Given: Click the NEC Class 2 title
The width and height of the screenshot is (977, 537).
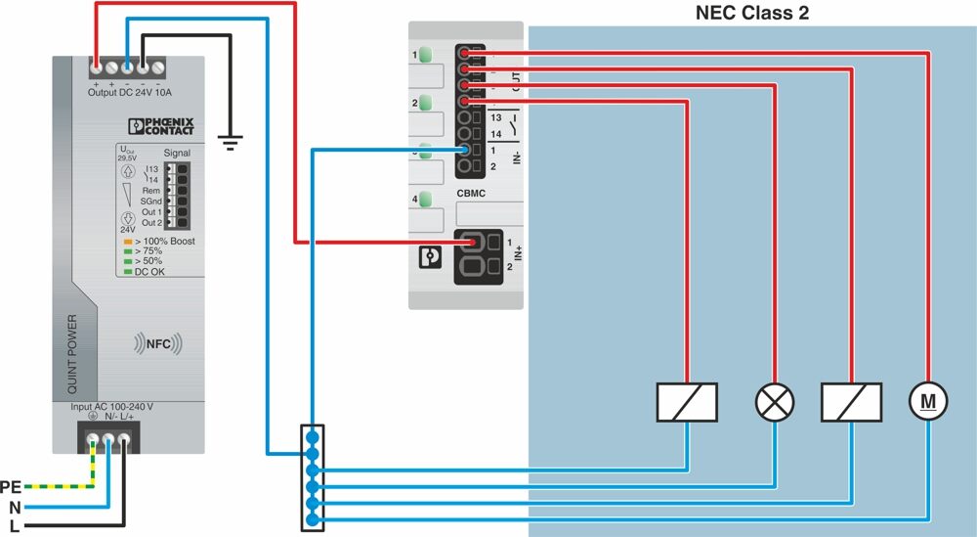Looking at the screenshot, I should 751,13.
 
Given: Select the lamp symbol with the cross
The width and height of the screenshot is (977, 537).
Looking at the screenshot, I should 775,400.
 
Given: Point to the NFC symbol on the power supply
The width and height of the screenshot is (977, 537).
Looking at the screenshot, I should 157,344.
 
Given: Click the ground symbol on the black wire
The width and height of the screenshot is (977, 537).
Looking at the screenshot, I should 230,145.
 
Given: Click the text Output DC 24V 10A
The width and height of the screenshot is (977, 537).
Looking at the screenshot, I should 129,93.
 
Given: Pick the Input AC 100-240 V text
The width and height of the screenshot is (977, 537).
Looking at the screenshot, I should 111,406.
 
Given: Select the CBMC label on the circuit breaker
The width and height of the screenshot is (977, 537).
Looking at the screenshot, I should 472,194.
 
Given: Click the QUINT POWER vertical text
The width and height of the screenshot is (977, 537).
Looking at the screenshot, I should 72,353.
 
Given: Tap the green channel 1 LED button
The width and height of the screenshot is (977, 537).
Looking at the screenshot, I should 426,55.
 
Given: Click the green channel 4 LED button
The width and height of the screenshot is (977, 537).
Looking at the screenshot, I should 426,201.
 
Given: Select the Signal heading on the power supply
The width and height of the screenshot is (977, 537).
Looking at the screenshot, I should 177,153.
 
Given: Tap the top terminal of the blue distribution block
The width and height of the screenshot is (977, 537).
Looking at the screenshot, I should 312,434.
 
